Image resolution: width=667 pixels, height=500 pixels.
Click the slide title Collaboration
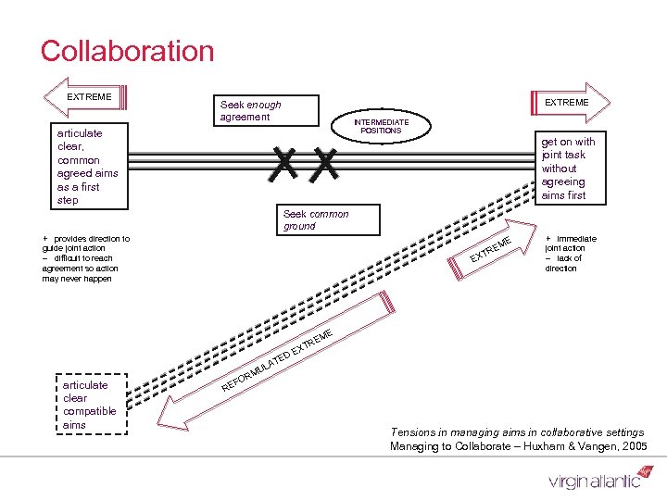127,51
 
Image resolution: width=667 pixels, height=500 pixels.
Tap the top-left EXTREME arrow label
89,96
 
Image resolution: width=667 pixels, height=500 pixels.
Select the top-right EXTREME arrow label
566,102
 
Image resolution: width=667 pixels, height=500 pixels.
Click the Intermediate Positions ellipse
381,127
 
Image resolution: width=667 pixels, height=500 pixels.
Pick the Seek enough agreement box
250,111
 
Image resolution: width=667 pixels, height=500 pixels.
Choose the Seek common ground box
316,219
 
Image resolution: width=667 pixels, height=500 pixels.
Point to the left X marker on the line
284,164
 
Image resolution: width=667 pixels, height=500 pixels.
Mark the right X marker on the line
325,164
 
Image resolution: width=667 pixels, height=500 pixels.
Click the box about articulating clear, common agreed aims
87,167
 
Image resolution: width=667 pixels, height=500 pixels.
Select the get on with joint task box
567,168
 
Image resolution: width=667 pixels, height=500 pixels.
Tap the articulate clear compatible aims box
89,405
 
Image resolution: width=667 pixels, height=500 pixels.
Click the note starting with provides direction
85,258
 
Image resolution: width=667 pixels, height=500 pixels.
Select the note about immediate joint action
570,253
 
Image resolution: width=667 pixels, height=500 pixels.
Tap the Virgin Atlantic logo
594,479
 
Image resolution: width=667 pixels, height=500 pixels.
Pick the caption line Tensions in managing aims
517,432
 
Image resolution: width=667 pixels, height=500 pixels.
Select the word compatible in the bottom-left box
89,411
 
